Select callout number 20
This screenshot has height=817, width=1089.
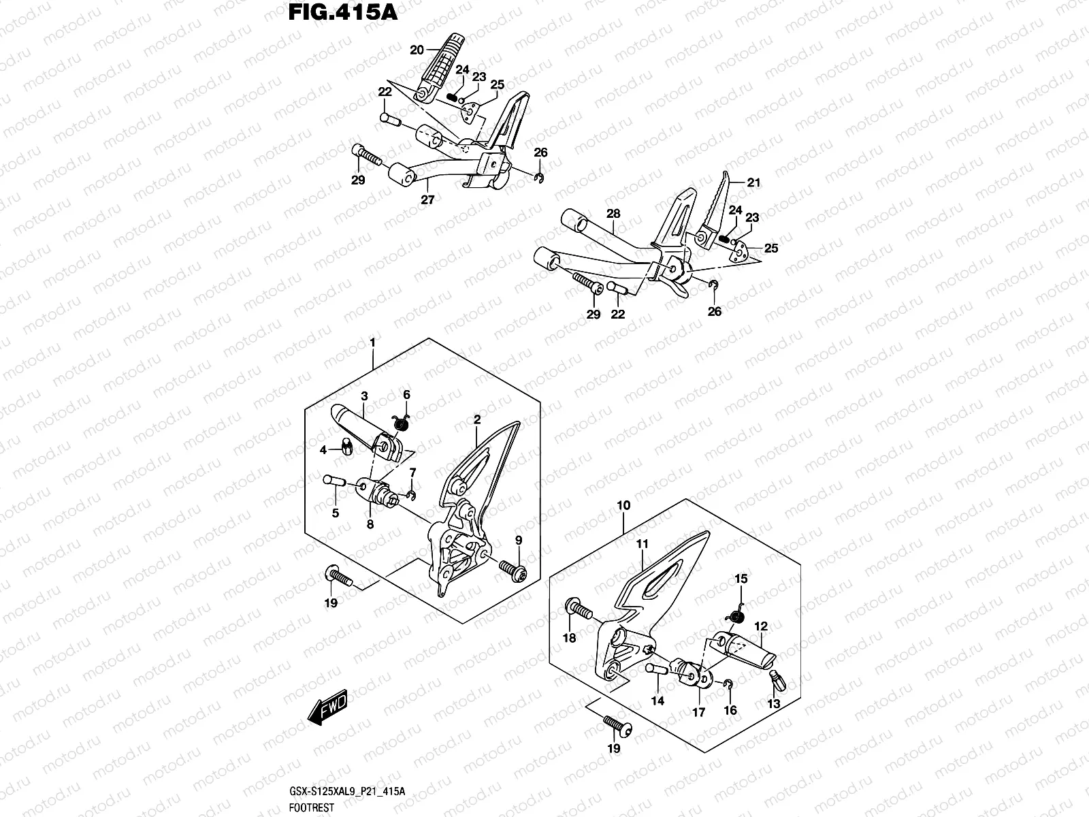417,50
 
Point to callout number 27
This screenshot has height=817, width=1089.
427,200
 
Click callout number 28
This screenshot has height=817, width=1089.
613,214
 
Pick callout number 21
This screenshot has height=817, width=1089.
753,182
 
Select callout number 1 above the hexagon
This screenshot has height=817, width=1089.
373,342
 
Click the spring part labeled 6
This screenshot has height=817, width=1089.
402,424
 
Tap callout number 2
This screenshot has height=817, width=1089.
477,420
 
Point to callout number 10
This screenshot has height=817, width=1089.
623,505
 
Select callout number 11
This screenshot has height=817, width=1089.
643,544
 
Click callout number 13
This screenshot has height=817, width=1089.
774,703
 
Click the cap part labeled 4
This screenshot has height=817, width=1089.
346,448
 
